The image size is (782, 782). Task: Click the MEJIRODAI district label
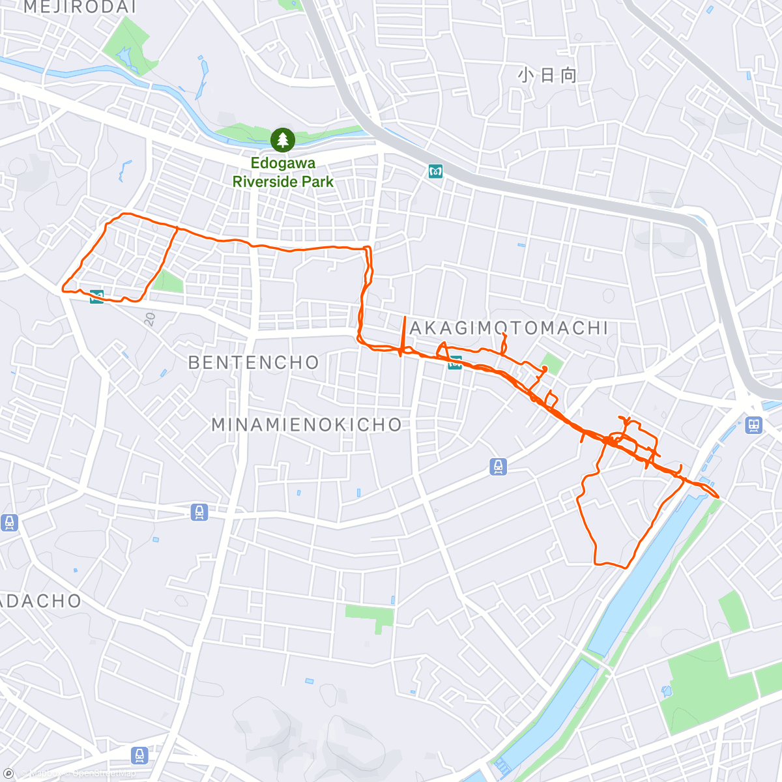[80, 7]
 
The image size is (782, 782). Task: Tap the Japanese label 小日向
[547, 76]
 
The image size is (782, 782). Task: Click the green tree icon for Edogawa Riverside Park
[283, 139]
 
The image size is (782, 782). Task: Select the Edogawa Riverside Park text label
[283, 173]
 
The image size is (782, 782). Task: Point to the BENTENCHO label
[253, 362]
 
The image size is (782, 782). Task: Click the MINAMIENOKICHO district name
[307, 425]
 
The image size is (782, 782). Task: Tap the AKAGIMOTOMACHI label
[510, 328]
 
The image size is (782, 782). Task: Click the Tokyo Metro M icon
[435, 171]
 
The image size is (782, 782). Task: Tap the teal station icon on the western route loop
[97, 297]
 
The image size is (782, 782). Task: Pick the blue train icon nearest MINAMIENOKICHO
[499, 467]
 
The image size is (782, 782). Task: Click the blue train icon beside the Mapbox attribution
[139, 755]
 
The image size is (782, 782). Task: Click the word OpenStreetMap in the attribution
[104, 774]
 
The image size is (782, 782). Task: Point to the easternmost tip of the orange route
[718, 497]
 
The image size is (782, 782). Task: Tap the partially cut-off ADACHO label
[40, 601]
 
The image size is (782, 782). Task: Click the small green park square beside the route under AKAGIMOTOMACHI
[553, 364]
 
